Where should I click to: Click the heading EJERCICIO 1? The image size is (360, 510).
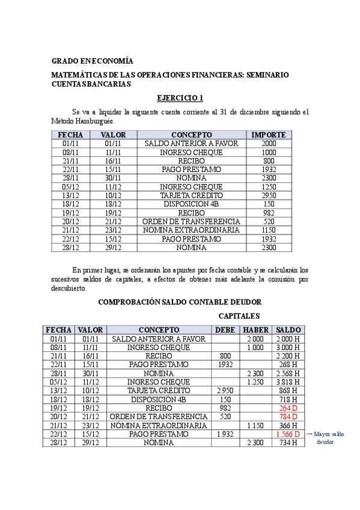[180, 98]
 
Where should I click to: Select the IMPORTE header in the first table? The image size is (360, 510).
[269, 135]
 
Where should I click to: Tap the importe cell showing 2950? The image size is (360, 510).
[269, 195]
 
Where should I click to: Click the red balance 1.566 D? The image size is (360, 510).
[288, 434]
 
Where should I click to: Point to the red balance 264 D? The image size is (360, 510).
[288, 407]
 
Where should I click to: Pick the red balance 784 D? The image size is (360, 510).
[288, 416]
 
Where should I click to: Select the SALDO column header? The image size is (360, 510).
[288, 330]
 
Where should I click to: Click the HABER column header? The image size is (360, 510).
[255, 330]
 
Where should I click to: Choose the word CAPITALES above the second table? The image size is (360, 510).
[239, 316]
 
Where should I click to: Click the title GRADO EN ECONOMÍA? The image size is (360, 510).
[92, 61]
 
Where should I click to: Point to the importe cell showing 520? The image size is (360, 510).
[269, 221]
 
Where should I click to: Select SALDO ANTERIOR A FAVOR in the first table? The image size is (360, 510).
[191, 144]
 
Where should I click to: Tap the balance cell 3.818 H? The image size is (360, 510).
[288, 381]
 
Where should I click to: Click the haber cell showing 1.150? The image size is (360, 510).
[255, 425]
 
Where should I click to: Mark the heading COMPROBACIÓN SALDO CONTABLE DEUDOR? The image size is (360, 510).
[180, 301]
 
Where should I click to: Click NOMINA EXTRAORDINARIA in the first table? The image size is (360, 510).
[191, 230]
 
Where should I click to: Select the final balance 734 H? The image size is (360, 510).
[288, 443]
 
